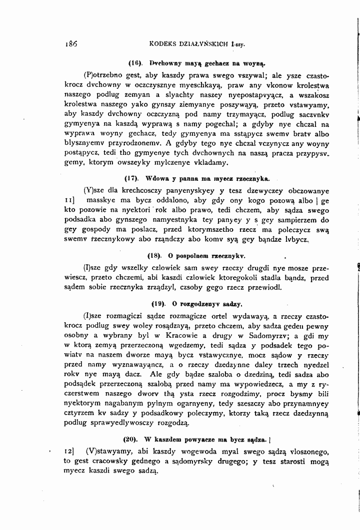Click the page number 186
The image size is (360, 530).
pyautogui.click(x=72, y=43)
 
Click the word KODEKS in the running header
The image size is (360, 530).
pyautogui.click(x=165, y=43)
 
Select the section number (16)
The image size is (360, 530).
pyautogui.click(x=136, y=63)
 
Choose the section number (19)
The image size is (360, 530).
pyautogui.click(x=158, y=303)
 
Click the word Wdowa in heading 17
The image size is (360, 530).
pyautogui.click(x=157, y=178)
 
